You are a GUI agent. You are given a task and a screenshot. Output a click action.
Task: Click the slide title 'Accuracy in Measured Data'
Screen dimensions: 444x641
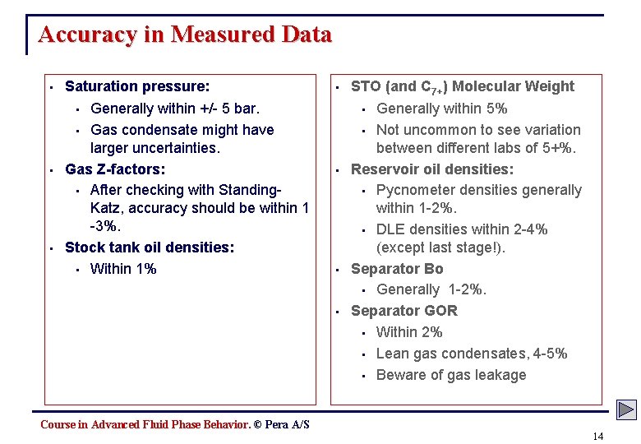point(185,35)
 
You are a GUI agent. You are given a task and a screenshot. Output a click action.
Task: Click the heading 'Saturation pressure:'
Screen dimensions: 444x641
point(137,86)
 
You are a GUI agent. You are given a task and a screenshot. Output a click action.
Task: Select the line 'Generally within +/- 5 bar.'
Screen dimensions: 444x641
point(174,109)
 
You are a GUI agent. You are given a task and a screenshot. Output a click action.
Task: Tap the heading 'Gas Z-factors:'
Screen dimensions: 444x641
point(115,169)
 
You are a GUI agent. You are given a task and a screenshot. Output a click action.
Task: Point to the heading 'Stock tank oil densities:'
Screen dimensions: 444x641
point(150,247)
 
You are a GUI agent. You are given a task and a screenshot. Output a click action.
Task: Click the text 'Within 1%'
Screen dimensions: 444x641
point(123,269)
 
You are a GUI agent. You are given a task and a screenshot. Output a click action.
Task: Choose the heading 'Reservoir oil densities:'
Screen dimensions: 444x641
point(432,169)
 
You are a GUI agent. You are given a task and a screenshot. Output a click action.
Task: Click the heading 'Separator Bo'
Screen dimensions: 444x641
point(397,269)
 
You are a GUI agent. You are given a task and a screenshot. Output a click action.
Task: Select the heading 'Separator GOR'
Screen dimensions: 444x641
point(404,311)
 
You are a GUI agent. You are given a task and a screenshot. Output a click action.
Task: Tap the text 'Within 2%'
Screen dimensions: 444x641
point(409,332)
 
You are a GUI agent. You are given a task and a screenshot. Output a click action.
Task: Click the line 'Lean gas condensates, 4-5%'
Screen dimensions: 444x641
point(472,354)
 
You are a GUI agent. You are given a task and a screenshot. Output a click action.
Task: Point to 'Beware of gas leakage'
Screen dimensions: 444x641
point(451,375)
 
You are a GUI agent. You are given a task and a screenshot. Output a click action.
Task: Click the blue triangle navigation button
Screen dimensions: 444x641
point(627,409)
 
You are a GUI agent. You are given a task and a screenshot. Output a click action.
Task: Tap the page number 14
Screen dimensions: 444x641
point(597,436)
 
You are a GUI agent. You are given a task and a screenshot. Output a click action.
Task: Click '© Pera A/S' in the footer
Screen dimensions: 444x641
point(282,424)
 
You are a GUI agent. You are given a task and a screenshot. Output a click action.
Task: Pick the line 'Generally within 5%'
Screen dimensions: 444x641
point(442,109)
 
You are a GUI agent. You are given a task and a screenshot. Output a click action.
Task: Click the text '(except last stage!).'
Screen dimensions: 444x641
point(440,247)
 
